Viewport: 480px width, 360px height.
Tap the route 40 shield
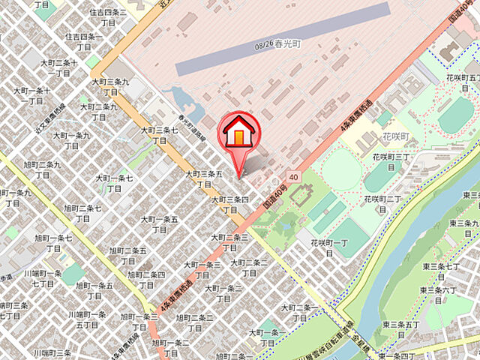pyautogui.click(x=292, y=178)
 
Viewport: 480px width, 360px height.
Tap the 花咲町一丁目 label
pyautogui.click(x=329, y=248)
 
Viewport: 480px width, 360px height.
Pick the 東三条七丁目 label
pyautogui.click(x=442, y=271)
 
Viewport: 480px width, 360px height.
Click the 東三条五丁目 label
pyautogui.click(x=399, y=329)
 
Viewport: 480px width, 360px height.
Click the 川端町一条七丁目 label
pyautogui.click(x=43, y=278)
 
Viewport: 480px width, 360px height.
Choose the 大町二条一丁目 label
pyautogui.click(x=298, y=313)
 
